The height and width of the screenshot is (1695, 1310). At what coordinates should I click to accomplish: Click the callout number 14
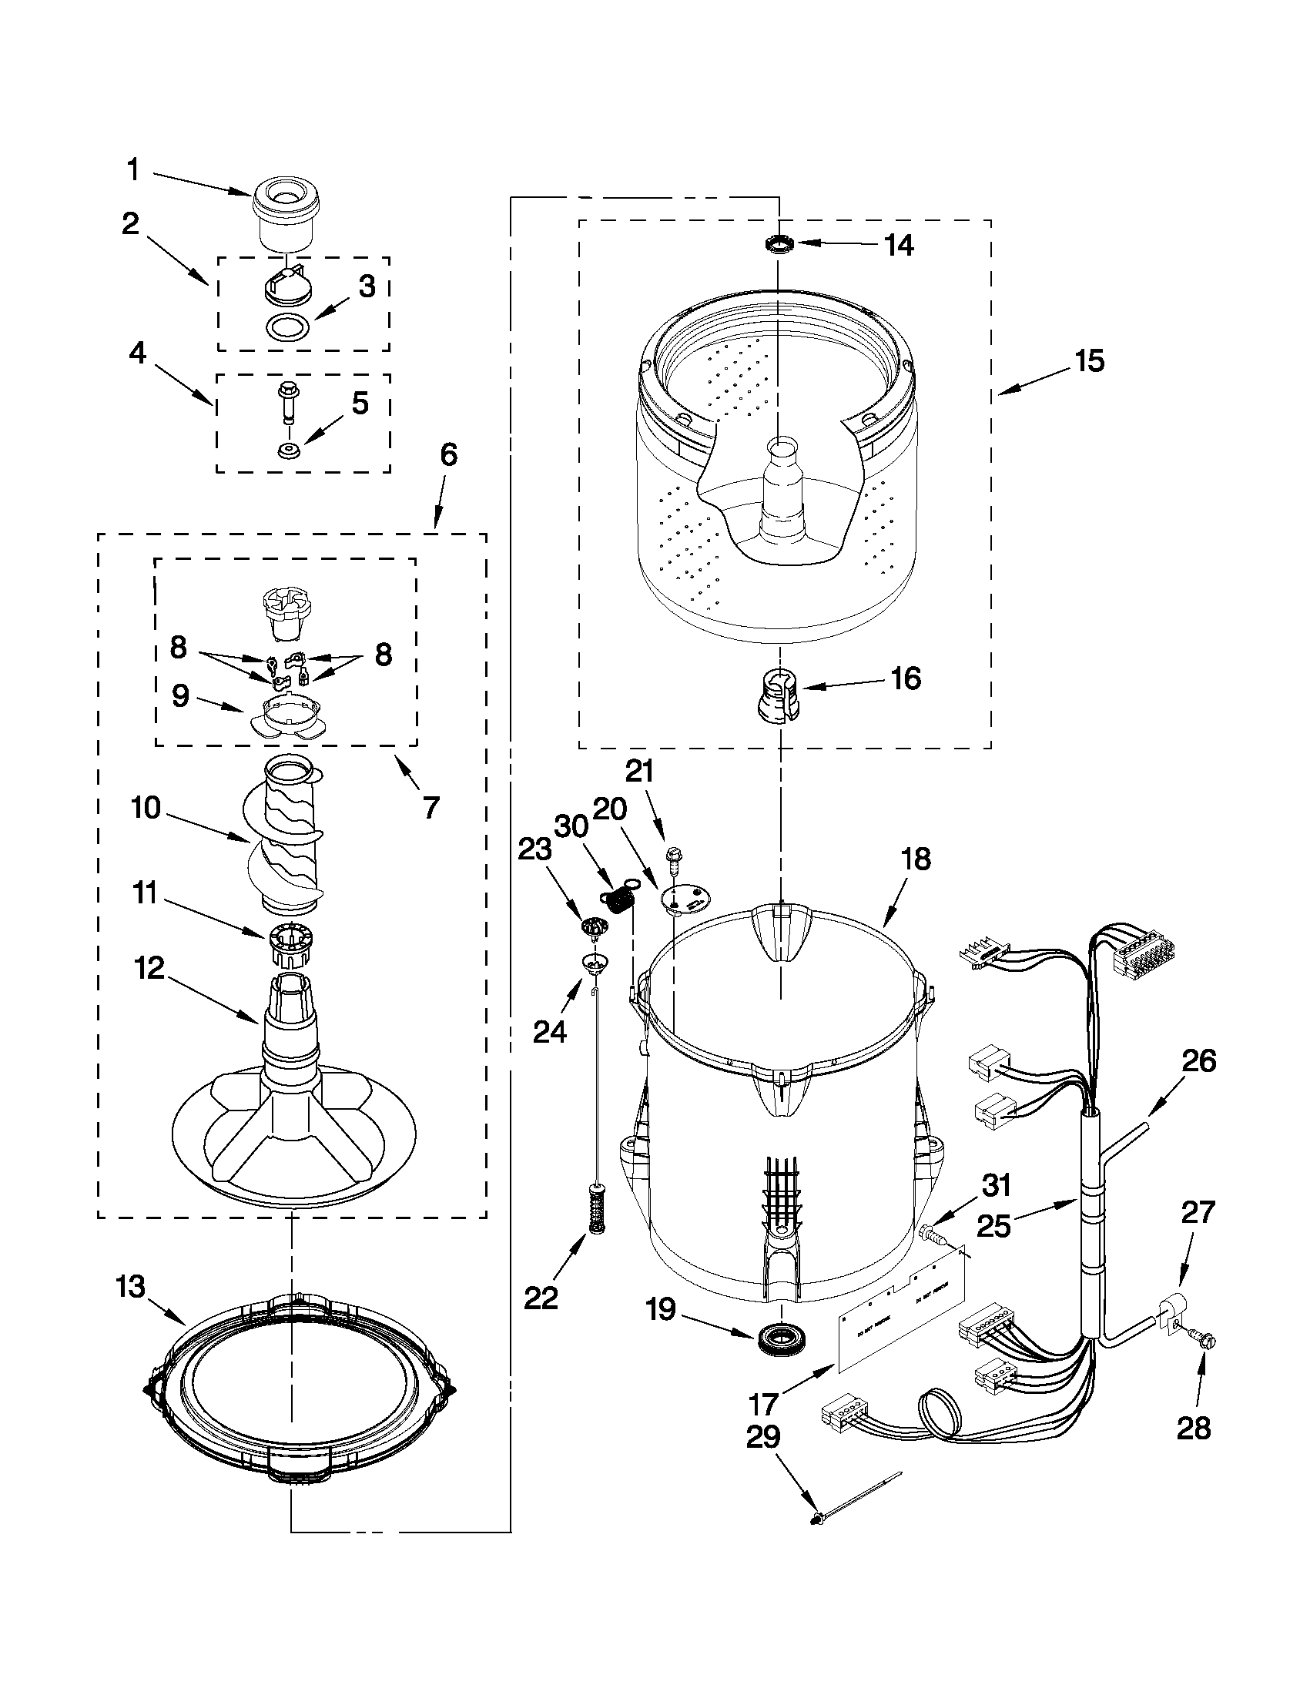point(900,245)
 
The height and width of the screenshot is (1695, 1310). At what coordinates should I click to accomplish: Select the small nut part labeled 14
point(779,244)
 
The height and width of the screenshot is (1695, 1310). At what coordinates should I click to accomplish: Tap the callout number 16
point(906,678)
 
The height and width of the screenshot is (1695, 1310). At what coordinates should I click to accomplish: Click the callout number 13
point(130,1287)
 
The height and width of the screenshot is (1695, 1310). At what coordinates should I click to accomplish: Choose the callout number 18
point(916,860)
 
